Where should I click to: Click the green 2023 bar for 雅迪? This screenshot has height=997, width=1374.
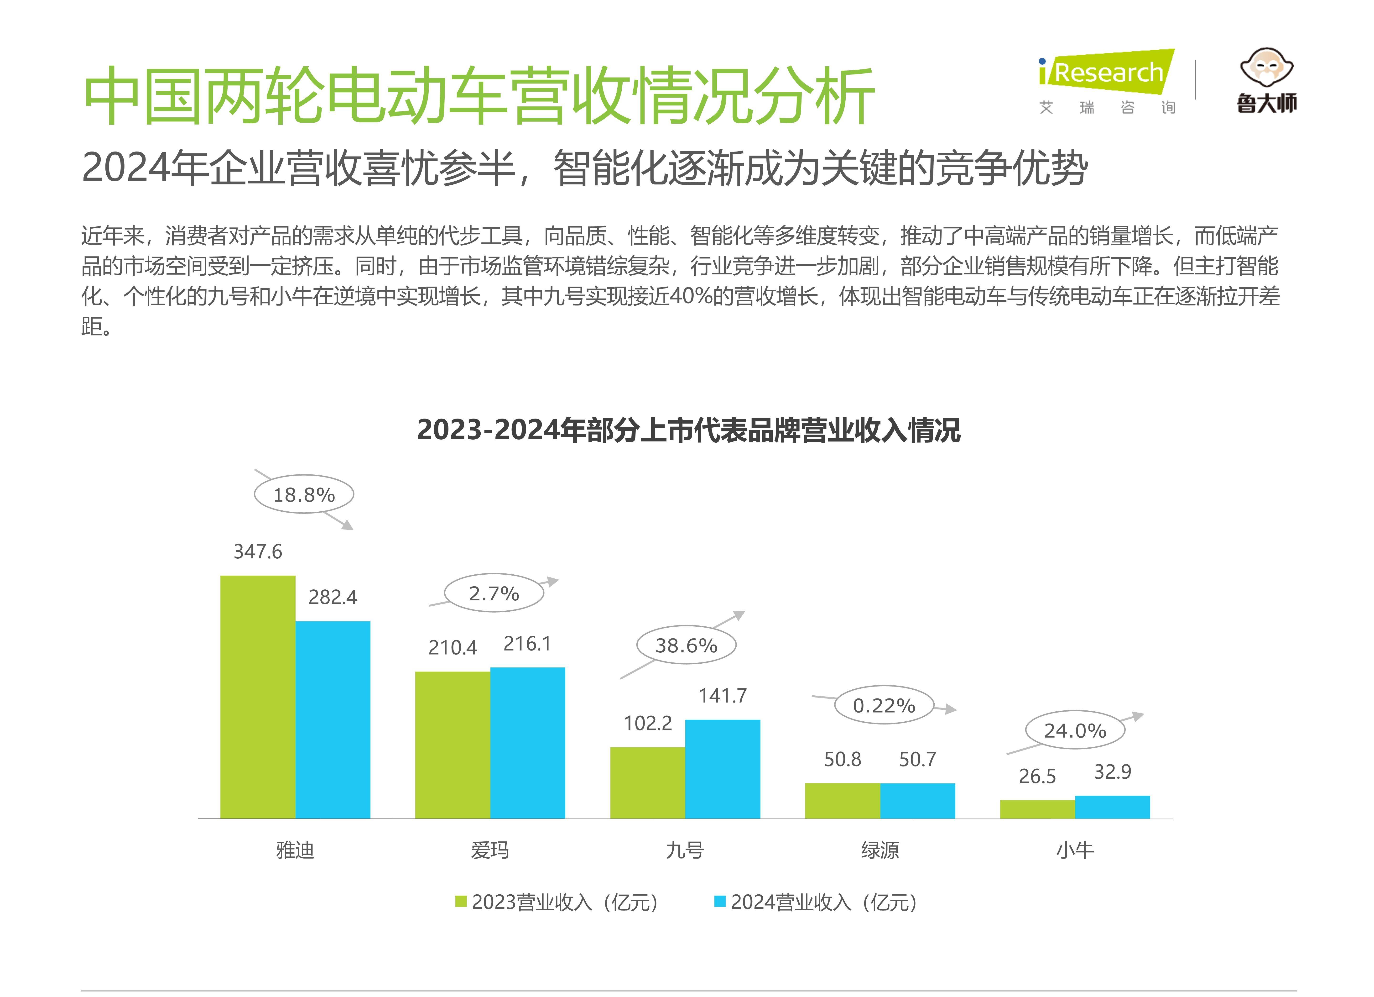coord(257,697)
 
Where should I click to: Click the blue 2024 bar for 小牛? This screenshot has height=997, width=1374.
coord(1112,807)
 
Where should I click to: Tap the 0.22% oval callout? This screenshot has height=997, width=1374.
coord(884,705)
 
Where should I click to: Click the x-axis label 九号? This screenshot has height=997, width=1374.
coord(685,850)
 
